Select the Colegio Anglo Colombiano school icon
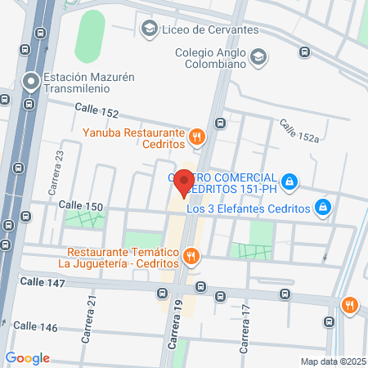(x=258, y=56)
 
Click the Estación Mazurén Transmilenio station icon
(x=32, y=82)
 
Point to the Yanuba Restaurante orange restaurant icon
(x=196, y=137)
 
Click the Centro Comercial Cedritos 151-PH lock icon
(x=289, y=181)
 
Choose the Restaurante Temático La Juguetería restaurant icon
(x=191, y=258)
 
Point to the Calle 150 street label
(x=80, y=207)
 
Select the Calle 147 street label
(x=42, y=280)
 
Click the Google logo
(x=27, y=358)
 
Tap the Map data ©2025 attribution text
(x=331, y=361)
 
